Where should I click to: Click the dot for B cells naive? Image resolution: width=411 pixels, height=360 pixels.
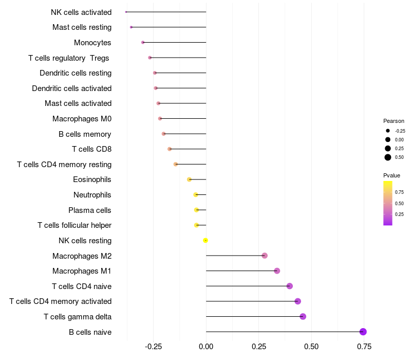(x=363, y=332)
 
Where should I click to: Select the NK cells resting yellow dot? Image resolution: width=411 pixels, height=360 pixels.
(x=206, y=240)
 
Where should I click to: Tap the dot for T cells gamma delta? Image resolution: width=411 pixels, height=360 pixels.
(x=303, y=316)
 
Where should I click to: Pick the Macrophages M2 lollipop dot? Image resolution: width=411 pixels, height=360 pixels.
(x=265, y=256)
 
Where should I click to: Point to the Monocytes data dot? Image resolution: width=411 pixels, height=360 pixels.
(x=143, y=42)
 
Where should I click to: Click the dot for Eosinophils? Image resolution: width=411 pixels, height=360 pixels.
(x=189, y=179)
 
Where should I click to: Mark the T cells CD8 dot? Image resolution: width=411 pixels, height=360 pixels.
(x=170, y=149)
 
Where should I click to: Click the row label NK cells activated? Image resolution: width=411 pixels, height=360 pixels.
(x=81, y=12)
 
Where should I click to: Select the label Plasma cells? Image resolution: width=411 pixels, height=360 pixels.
(x=90, y=210)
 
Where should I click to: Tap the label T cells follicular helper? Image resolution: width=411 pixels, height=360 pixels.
(x=74, y=225)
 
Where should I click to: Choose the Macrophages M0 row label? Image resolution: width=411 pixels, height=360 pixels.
(x=82, y=119)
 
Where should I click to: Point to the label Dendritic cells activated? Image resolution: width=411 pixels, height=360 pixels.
(x=71, y=88)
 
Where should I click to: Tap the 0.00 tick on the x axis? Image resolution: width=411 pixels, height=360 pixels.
(x=206, y=347)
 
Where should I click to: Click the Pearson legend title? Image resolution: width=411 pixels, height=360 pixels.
(x=394, y=121)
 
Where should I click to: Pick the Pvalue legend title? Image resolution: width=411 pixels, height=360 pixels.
(x=391, y=175)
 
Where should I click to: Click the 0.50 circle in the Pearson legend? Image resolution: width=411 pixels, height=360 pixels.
(x=388, y=157)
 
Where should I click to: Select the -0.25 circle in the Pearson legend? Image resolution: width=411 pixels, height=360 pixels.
(x=388, y=131)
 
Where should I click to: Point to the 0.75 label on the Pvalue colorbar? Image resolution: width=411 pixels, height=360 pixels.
(x=399, y=192)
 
